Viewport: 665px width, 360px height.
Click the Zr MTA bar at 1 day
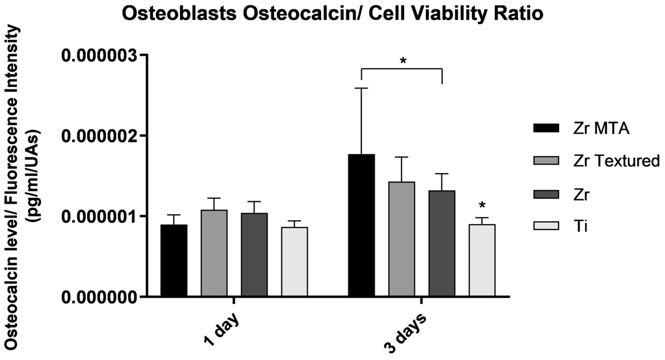tap(174, 260)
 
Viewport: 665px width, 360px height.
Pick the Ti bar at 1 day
tap(295, 261)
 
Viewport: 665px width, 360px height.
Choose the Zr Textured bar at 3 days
tap(402, 239)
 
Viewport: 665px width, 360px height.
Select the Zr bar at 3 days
tap(442, 243)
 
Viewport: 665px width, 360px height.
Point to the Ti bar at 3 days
tap(482, 260)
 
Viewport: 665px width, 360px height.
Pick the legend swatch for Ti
tap(546, 226)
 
